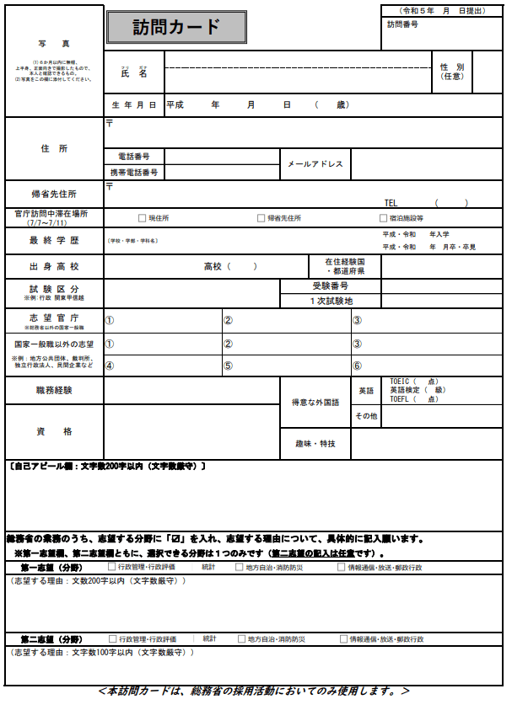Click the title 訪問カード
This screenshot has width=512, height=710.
[x=176, y=27]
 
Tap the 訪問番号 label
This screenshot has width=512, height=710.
[x=402, y=24]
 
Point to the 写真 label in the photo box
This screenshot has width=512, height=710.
[x=54, y=43]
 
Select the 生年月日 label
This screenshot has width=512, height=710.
[x=134, y=105]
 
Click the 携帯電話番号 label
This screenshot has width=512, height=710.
[x=134, y=173]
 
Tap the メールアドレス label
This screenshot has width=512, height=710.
[x=315, y=164]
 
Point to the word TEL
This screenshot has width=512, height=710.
[x=391, y=203]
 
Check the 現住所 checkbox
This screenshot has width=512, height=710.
[x=143, y=218]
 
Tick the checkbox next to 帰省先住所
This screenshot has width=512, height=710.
[x=261, y=218]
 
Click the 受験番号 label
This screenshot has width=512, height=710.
[x=331, y=286]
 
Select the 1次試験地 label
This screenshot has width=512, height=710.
[x=331, y=301]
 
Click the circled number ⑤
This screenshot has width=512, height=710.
[x=228, y=366]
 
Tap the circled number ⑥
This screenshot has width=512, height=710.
[x=357, y=366]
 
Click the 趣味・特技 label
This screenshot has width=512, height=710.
[x=315, y=443]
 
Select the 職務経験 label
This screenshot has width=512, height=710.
[x=54, y=390]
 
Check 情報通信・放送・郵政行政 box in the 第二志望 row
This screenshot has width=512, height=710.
[x=344, y=639]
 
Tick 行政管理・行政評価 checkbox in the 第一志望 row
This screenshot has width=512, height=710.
[x=112, y=568]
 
